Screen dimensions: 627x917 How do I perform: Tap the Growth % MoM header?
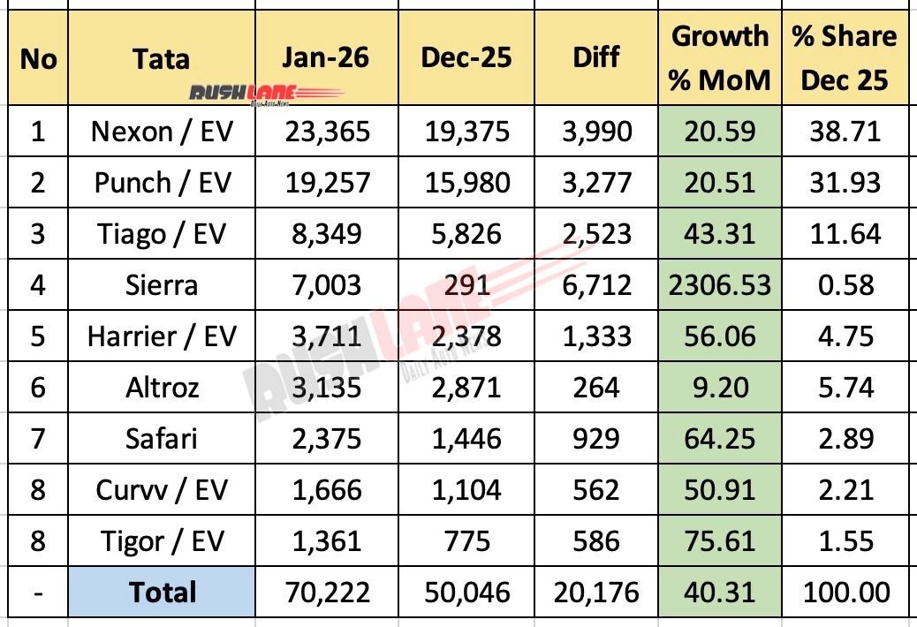click(719, 58)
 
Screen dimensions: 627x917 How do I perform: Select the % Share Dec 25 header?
click(844, 58)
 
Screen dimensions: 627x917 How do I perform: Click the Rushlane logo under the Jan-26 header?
click(266, 93)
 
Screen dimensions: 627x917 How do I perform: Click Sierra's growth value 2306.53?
click(719, 284)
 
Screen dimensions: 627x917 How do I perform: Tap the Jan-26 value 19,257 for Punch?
click(326, 183)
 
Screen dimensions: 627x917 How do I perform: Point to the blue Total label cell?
click(162, 592)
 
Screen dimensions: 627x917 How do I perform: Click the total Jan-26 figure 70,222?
click(326, 592)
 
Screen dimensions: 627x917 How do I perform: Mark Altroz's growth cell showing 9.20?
click(719, 387)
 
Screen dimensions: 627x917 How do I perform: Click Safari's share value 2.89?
click(844, 438)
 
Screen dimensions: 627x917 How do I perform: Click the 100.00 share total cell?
click(844, 592)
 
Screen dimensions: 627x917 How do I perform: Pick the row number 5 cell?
click(36, 336)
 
